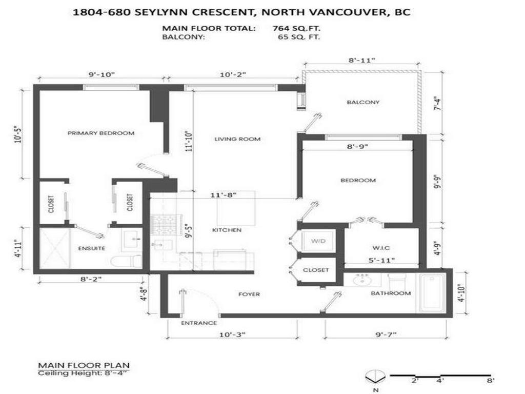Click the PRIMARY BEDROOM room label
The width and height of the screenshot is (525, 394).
click(101, 133)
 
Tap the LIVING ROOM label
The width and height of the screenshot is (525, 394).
click(237, 139)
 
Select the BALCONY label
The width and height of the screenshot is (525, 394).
click(363, 102)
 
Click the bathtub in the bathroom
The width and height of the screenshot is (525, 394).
click(433, 293)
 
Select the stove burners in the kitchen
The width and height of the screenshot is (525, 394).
click(164, 225)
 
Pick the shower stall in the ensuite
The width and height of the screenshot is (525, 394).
click(54, 248)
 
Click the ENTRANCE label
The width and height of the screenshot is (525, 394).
click(198, 323)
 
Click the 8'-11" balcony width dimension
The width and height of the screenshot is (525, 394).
click(362, 60)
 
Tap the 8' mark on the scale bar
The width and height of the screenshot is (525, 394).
click(491, 381)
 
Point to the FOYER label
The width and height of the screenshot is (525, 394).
click(249, 294)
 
